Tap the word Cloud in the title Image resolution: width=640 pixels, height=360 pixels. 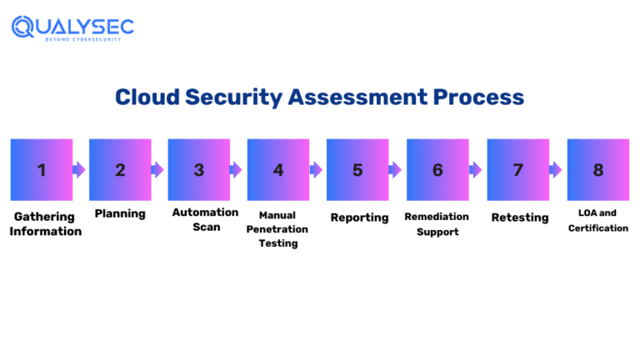click(147, 97)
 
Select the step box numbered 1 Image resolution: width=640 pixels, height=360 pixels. click(41, 170)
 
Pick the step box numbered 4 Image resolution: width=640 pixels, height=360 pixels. click(278, 170)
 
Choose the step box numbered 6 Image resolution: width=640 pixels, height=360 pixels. click(437, 170)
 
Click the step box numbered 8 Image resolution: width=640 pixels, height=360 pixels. click(597, 170)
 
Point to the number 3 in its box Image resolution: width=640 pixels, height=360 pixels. click(199, 170)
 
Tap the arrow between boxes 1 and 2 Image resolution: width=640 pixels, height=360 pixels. click(79, 170)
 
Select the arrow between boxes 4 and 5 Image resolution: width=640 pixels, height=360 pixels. click(316, 170)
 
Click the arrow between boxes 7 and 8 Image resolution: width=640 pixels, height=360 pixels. click(556, 170)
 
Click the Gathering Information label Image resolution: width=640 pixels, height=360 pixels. click(45, 223)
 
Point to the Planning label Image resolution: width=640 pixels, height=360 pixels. click(120, 214)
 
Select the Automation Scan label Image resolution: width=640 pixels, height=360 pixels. click(205, 219)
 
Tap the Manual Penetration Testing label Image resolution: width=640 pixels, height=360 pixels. click(277, 229)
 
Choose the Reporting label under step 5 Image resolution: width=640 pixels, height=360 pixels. click(359, 217)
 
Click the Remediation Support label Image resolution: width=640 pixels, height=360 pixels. click(437, 224)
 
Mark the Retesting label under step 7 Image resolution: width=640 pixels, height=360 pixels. click(519, 217)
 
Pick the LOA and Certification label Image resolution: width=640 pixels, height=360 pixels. click(598, 220)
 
